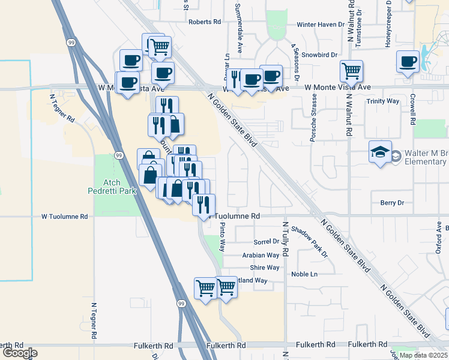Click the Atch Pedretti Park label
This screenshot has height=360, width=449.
116,187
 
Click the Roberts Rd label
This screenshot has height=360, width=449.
205,22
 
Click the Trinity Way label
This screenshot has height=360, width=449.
382,101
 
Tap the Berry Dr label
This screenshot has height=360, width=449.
393,203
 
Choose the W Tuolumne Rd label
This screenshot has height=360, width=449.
65,216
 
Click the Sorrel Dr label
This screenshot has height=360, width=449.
267,242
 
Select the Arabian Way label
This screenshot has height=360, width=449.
261,255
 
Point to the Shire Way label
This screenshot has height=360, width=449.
265,268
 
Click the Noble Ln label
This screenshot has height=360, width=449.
304,274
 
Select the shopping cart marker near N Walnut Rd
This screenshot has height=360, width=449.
351,70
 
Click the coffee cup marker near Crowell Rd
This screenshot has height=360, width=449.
408,61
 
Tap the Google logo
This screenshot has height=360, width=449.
20,353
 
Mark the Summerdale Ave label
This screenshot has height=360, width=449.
238,37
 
